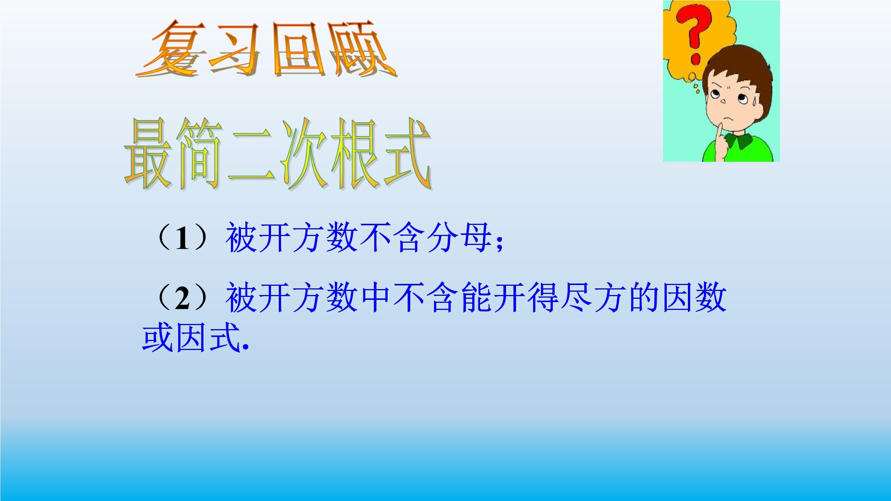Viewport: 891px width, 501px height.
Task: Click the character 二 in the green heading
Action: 252,156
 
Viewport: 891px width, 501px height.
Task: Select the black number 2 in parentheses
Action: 182,298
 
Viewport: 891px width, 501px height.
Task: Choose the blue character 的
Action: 644,297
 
